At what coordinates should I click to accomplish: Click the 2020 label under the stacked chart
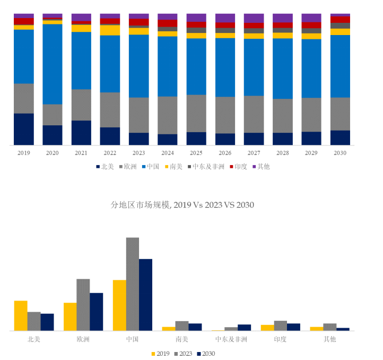click(x=52, y=153)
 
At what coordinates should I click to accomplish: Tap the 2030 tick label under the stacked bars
click(x=340, y=153)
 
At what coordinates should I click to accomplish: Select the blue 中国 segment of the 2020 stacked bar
click(x=52, y=64)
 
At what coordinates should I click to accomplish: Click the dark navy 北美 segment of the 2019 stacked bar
click(x=23, y=129)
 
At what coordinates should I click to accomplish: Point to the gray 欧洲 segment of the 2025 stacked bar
click(x=196, y=113)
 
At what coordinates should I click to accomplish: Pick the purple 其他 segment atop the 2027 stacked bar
click(x=254, y=18)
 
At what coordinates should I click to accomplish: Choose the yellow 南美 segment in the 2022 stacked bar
click(x=110, y=30)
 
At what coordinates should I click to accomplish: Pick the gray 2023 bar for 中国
click(x=132, y=284)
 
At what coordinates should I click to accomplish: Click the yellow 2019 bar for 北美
click(x=21, y=315)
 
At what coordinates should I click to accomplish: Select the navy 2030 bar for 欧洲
click(x=96, y=312)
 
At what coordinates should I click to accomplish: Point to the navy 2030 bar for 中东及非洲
click(x=244, y=328)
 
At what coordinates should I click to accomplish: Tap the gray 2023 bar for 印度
click(x=281, y=325)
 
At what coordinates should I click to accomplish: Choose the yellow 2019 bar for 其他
click(x=317, y=329)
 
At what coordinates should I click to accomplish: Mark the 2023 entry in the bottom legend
click(x=182, y=354)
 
